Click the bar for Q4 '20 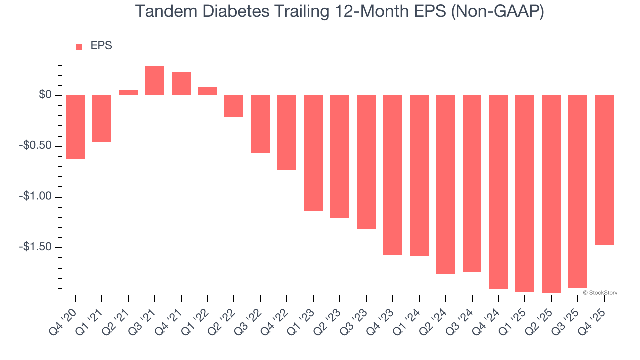pyautogui.click(x=75, y=127)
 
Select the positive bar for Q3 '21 pyautogui.click(x=155, y=81)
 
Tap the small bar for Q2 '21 pyautogui.click(x=128, y=93)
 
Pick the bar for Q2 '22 pyautogui.click(x=234, y=106)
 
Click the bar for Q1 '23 pyautogui.click(x=313, y=153)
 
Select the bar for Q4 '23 pyautogui.click(x=393, y=175)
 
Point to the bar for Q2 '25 pyautogui.click(x=551, y=194)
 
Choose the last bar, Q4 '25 pyautogui.click(x=604, y=170)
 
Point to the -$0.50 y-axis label pyautogui.click(x=36, y=146)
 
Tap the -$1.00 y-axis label pyautogui.click(x=36, y=197)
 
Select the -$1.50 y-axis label pyautogui.click(x=36, y=248)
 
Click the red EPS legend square pyautogui.click(x=79, y=47)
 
